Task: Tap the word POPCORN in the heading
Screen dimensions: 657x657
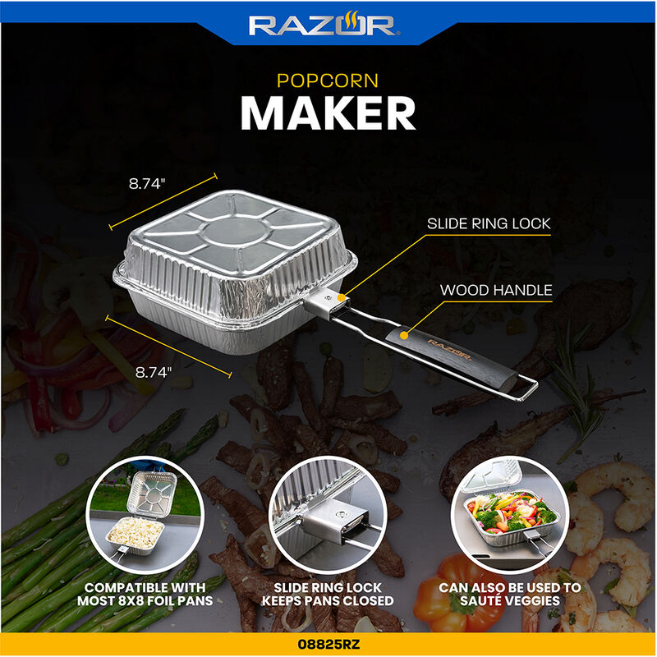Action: (x=328, y=80)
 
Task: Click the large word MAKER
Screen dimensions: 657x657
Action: (x=328, y=114)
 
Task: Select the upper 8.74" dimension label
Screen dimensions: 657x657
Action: (x=148, y=185)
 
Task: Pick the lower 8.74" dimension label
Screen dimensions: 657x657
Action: (x=154, y=371)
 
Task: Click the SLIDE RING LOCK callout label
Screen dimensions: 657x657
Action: (x=488, y=223)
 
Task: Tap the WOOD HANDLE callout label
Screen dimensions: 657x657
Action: (x=496, y=290)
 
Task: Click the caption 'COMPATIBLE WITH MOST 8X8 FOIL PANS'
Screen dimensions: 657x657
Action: (x=147, y=595)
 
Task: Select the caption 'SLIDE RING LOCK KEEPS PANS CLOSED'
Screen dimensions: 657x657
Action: (x=328, y=595)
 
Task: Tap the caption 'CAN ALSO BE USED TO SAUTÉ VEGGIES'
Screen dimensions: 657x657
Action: (x=510, y=595)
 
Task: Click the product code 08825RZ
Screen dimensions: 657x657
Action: (x=328, y=646)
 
